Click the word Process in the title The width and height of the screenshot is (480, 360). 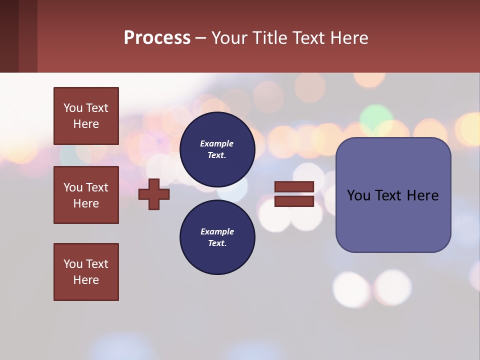coord(157,38)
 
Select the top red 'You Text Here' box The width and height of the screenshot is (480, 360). coord(86,116)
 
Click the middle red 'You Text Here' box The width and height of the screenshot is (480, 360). coord(86,195)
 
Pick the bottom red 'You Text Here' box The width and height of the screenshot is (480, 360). coord(86,272)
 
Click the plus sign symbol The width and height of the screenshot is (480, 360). coord(154,194)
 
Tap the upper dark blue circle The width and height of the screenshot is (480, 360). coord(217,149)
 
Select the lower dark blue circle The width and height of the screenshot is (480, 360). coord(217,237)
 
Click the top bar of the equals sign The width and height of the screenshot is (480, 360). coord(294,187)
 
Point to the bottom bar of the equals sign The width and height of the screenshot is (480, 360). coord(294,201)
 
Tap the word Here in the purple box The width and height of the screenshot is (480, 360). coord(422,195)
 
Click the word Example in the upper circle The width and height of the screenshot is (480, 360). coord(217,144)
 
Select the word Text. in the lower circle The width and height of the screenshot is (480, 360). coord(217,243)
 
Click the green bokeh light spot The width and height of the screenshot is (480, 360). coord(376,116)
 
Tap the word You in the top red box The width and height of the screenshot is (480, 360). coord(73,108)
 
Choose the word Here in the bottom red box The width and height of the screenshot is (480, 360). coord(86,280)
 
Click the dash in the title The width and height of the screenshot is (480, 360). coord(200,38)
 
